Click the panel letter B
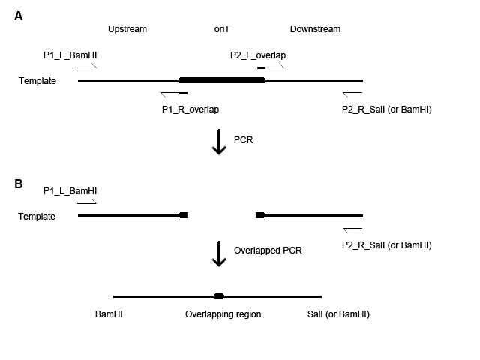tap(19, 182)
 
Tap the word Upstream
tap(127, 30)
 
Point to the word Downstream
tap(315, 30)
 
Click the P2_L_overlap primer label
tap(258, 55)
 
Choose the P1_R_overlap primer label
tap(190, 109)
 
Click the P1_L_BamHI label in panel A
tap(70, 55)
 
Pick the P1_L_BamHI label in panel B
tap(70, 191)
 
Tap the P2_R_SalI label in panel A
tap(386, 109)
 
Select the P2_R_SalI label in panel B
tap(386, 245)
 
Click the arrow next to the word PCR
tap(219, 142)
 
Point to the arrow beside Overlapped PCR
tap(219, 253)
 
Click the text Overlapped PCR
tap(268, 250)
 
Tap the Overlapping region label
tap(223, 314)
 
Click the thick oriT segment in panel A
tap(222, 80)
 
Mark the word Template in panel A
tap(37, 80)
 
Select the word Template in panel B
tap(37, 216)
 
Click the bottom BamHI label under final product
tap(109, 314)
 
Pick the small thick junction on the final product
tap(218, 296)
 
